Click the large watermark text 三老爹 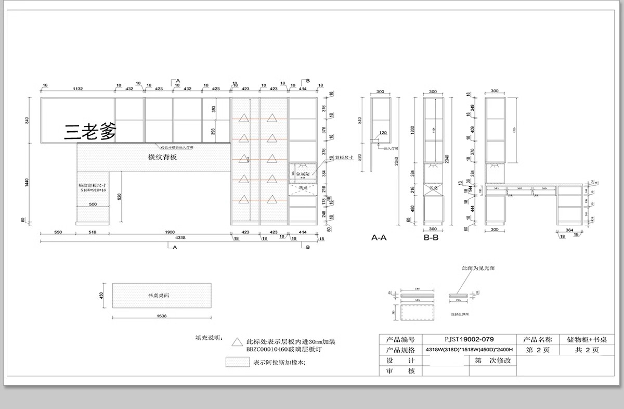point(90,132)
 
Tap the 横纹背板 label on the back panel point(162,157)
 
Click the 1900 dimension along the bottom point(170,232)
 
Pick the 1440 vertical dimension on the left point(27,182)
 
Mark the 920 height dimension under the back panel point(119,196)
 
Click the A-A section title point(379,238)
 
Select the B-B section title point(432,238)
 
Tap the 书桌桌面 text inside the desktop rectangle point(159,296)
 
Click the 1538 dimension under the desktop point(162,316)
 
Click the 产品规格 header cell point(400,350)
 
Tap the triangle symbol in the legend point(237,342)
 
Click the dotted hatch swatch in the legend point(237,362)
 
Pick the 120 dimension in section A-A point(383,133)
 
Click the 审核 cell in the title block point(400,370)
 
